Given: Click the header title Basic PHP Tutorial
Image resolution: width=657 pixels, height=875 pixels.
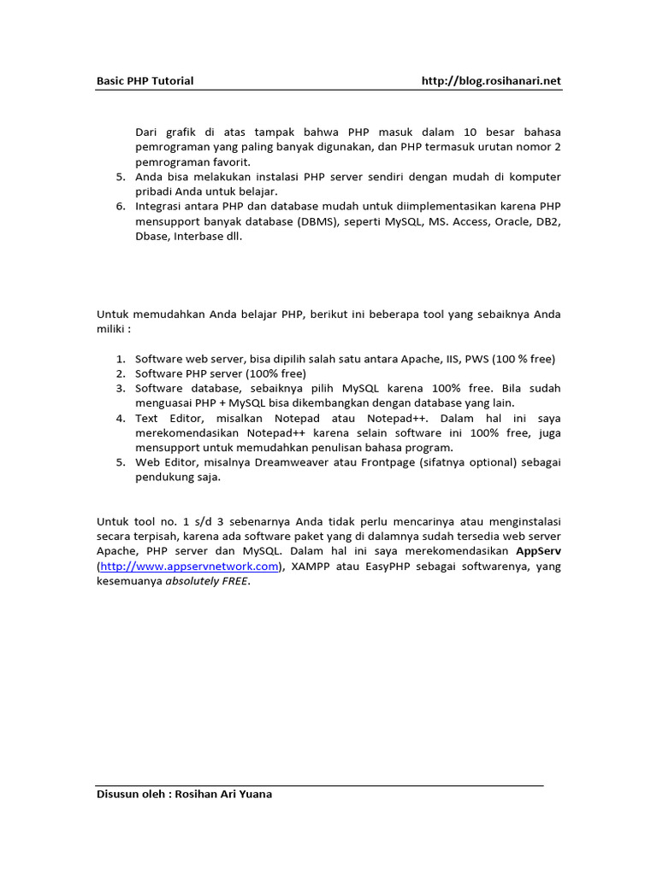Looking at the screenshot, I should pyautogui.click(x=144, y=81).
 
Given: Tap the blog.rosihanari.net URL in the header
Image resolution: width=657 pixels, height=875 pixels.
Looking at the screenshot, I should pyautogui.click(x=491, y=81).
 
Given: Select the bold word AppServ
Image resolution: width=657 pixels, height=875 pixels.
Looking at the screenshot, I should pyautogui.click(x=538, y=551).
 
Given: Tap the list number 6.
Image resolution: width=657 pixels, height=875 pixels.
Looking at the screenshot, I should pyautogui.click(x=120, y=206).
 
